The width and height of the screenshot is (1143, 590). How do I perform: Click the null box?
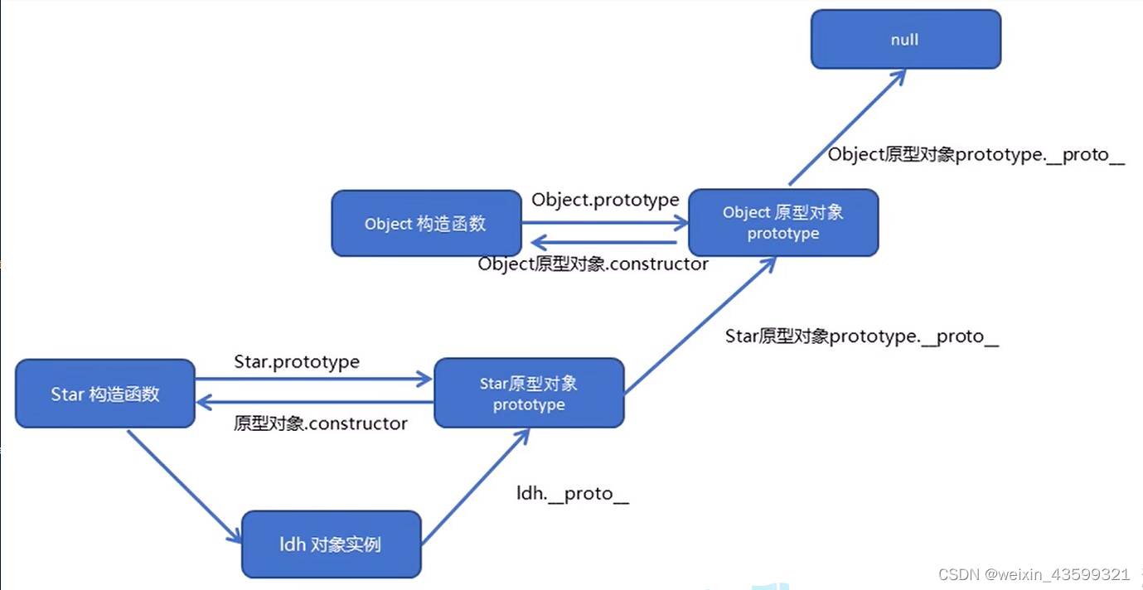coord(905,39)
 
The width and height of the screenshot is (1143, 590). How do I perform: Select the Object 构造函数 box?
coord(426,224)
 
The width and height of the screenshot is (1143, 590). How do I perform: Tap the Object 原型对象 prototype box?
coord(783,223)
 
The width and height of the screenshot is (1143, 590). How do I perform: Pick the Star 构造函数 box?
coord(105,394)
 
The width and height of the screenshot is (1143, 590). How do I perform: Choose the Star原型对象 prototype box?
coord(529,394)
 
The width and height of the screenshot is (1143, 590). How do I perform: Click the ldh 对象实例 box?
coord(332,544)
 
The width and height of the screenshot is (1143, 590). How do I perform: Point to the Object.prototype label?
coord(605,200)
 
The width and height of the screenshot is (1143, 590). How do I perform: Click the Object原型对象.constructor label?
coord(593,264)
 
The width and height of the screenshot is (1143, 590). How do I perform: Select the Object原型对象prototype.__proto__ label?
coord(976,155)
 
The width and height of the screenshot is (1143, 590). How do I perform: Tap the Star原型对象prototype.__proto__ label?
coord(862,336)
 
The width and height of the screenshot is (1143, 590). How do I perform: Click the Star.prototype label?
coord(297,362)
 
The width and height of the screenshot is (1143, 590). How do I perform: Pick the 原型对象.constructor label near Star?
coord(321,423)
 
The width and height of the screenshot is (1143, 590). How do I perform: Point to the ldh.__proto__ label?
coord(573,494)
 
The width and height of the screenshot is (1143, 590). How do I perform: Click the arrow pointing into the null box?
coord(845,128)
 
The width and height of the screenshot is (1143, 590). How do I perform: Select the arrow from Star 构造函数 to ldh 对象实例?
coord(184,485)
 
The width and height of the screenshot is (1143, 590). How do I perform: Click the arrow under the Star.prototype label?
coord(313,380)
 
